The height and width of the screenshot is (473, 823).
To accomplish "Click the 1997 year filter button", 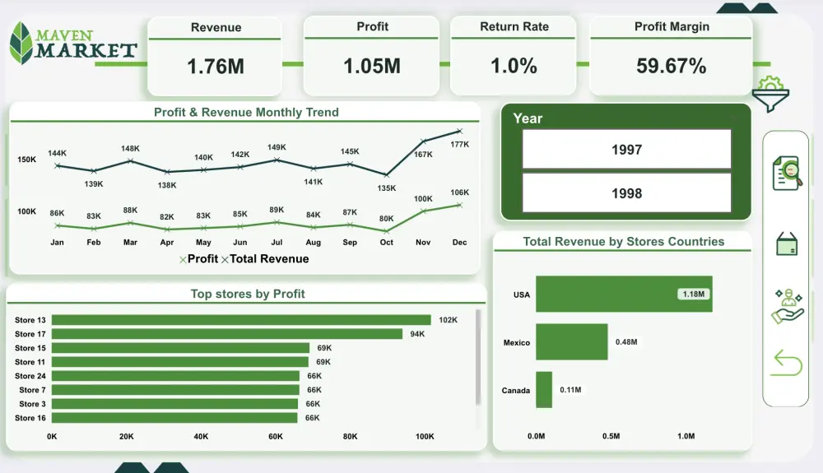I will pyautogui.click(x=626, y=150).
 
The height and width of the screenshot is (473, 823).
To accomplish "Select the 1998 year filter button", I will pyautogui.click(x=626, y=193).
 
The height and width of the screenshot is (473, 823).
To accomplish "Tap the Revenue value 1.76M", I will pyautogui.click(x=216, y=67).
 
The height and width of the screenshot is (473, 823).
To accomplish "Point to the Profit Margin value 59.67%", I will pyautogui.click(x=671, y=67).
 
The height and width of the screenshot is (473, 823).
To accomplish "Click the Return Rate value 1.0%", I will pyautogui.click(x=514, y=67).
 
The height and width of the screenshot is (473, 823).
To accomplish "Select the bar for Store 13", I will pyautogui.click(x=241, y=320).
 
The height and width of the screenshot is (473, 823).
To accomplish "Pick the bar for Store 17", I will pyautogui.click(x=227, y=334).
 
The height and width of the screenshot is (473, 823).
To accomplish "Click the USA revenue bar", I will pyautogui.click(x=623, y=294).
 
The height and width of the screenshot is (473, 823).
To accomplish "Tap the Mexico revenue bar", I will pyautogui.click(x=571, y=342).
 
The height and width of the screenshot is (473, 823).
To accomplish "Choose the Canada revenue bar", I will pyautogui.click(x=544, y=390).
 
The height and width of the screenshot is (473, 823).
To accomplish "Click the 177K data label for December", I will pyautogui.click(x=459, y=145).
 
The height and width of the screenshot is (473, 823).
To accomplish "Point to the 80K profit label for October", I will pyautogui.click(x=386, y=219).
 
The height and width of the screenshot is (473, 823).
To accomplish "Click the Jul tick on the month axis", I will pyautogui.click(x=277, y=243).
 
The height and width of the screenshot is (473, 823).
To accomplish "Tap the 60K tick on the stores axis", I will pyautogui.click(x=275, y=437).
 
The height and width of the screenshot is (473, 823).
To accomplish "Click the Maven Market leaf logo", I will pyautogui.click(x=21, y=44).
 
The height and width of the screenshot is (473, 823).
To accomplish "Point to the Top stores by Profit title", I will pyautogui.click(x=248, y=294).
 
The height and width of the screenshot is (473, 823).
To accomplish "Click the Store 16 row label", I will pyautogui.click(x=30, y=418).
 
